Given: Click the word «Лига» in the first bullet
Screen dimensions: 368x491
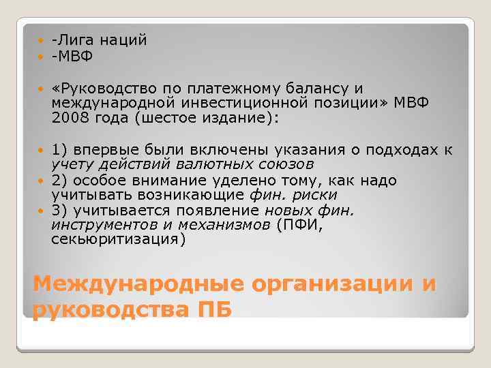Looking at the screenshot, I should (x=76, y=41).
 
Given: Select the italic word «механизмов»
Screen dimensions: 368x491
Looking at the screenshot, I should (x=235, y=225).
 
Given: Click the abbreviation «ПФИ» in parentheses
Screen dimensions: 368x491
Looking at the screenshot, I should (x=298, y=225).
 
